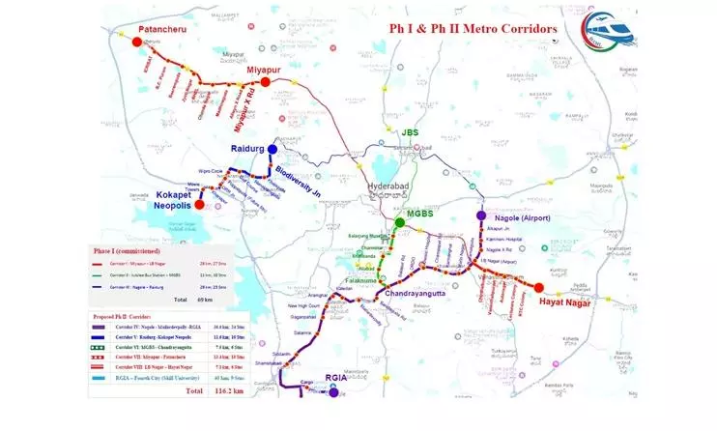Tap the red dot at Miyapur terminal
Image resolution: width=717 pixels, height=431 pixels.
[x=265, y=83]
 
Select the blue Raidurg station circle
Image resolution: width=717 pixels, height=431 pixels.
[x=272, y=150]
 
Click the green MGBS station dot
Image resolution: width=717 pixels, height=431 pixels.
[x=399, y=223]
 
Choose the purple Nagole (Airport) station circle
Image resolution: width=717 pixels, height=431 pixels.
[x=481, y=216]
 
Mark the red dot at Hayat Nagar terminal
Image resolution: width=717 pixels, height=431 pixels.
[x=538, y=287]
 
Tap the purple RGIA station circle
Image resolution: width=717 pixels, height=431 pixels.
[x=333, y=392]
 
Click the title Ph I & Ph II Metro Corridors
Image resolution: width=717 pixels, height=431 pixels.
[x=473, y=29]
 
